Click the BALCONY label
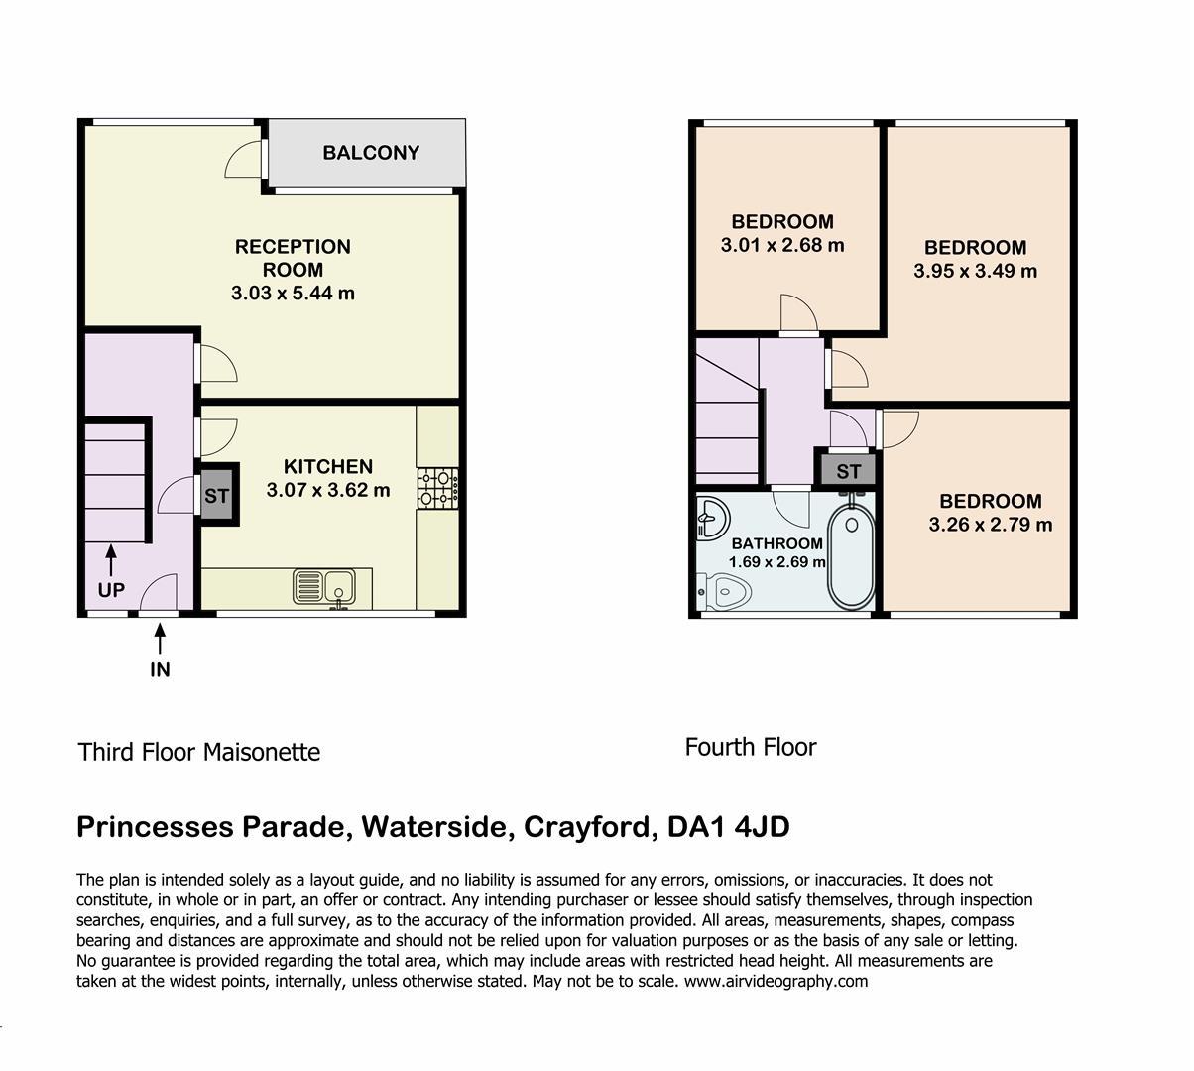[371, 153]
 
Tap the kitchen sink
[324, 587]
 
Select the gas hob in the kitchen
[438, 488]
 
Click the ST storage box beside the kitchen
[216, 495]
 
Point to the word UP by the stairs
[111, 590]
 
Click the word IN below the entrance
[160, 669]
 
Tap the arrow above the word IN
[160, 639]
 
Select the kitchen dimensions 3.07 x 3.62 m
[328, 490]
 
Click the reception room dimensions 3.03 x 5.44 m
[293, 293]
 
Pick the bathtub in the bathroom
[852, 557]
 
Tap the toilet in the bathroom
[724, 592]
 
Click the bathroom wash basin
[712, 518]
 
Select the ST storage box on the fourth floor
[848, 471]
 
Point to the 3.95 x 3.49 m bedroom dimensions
[976, 271]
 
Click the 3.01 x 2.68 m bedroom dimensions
[782, 245]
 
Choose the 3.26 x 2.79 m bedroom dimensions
[991, 525]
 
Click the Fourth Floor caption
[751, 748]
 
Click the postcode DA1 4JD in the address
[728, 827]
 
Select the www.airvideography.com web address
[776, 982]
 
